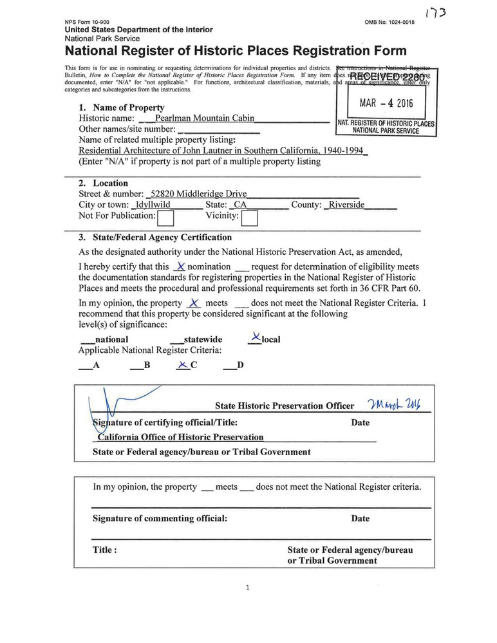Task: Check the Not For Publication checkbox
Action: pos(166,219)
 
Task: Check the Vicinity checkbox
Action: pos(249,219)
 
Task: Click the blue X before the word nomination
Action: pos(181,266)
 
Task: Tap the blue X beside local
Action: pos(256,337)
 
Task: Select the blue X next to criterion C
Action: pos(183,365)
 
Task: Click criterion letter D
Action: pos(240,366)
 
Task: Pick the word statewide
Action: pos(203,339)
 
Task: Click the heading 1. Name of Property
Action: pos(121,108)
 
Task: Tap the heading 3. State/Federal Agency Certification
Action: pos(155,238)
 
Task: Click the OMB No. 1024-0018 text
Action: pos(389,22)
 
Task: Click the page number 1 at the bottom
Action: pos(247,587)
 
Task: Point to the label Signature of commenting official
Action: pos(160,518)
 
